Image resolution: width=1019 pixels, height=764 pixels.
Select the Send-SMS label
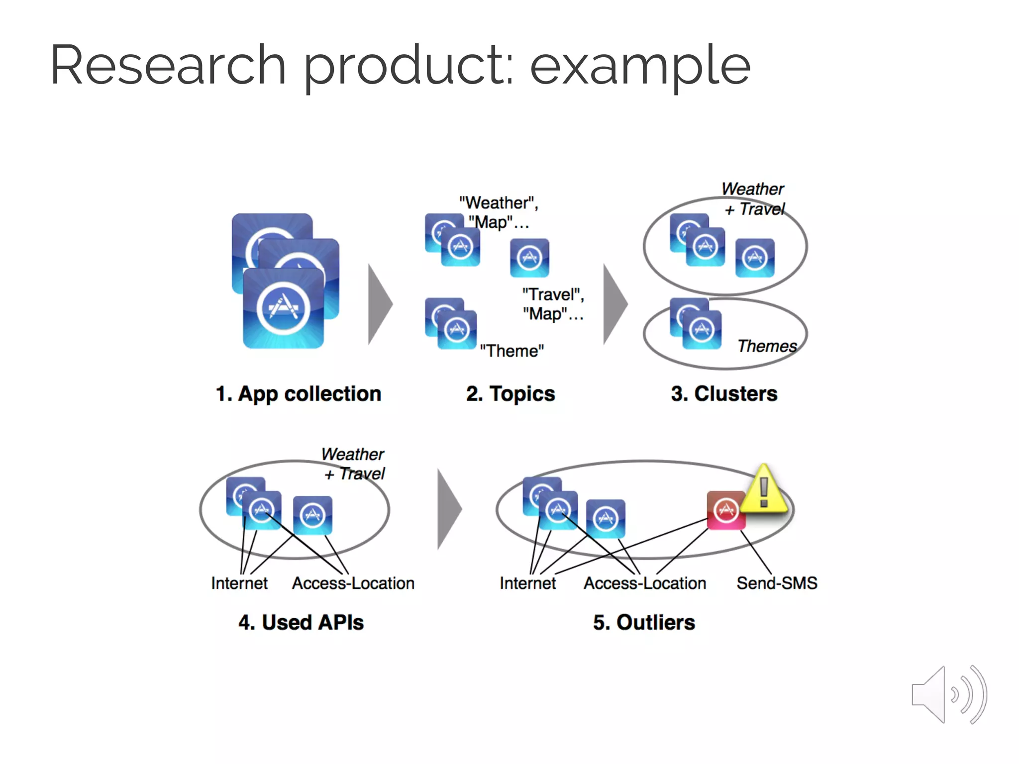777,582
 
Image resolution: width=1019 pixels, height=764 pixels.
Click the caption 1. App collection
299,393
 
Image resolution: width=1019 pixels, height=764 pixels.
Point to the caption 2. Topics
510,393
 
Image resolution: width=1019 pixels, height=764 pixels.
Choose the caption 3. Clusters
724,393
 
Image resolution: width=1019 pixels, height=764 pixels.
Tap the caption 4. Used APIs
301,622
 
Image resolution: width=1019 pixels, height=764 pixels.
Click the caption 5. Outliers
644,622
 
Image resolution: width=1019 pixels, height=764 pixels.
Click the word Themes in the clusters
767,346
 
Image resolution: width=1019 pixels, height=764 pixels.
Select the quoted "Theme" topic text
511,351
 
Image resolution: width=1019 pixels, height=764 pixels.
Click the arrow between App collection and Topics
380,304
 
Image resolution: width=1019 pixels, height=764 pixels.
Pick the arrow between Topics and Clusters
615,304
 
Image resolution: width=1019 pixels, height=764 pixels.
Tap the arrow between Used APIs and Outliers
449,509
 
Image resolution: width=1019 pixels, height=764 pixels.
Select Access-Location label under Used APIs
353,583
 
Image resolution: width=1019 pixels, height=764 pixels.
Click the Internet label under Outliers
527,583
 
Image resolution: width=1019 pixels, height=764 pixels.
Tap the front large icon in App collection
283,308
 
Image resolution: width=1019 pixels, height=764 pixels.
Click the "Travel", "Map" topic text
553,304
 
